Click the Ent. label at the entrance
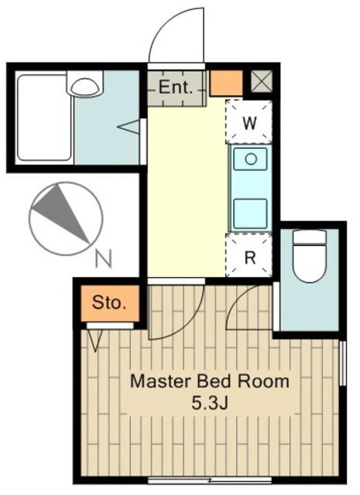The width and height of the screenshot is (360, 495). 176,87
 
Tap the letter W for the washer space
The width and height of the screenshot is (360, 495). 249,123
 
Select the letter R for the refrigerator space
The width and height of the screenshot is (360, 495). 250,258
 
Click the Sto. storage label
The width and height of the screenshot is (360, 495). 109,302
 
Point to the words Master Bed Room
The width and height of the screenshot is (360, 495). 210,381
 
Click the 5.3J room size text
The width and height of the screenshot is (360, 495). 210,402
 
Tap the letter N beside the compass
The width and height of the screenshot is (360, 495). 104,258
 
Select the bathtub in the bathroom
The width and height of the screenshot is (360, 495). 43,118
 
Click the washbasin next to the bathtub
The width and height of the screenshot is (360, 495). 84,84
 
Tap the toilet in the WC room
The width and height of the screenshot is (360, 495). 309,256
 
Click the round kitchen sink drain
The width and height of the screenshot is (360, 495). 251,159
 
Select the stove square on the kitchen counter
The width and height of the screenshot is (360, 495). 250,213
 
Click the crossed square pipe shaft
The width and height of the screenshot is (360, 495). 262,81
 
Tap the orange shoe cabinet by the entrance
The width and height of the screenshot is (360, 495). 226,83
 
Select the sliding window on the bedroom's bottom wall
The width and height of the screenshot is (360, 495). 210,480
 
